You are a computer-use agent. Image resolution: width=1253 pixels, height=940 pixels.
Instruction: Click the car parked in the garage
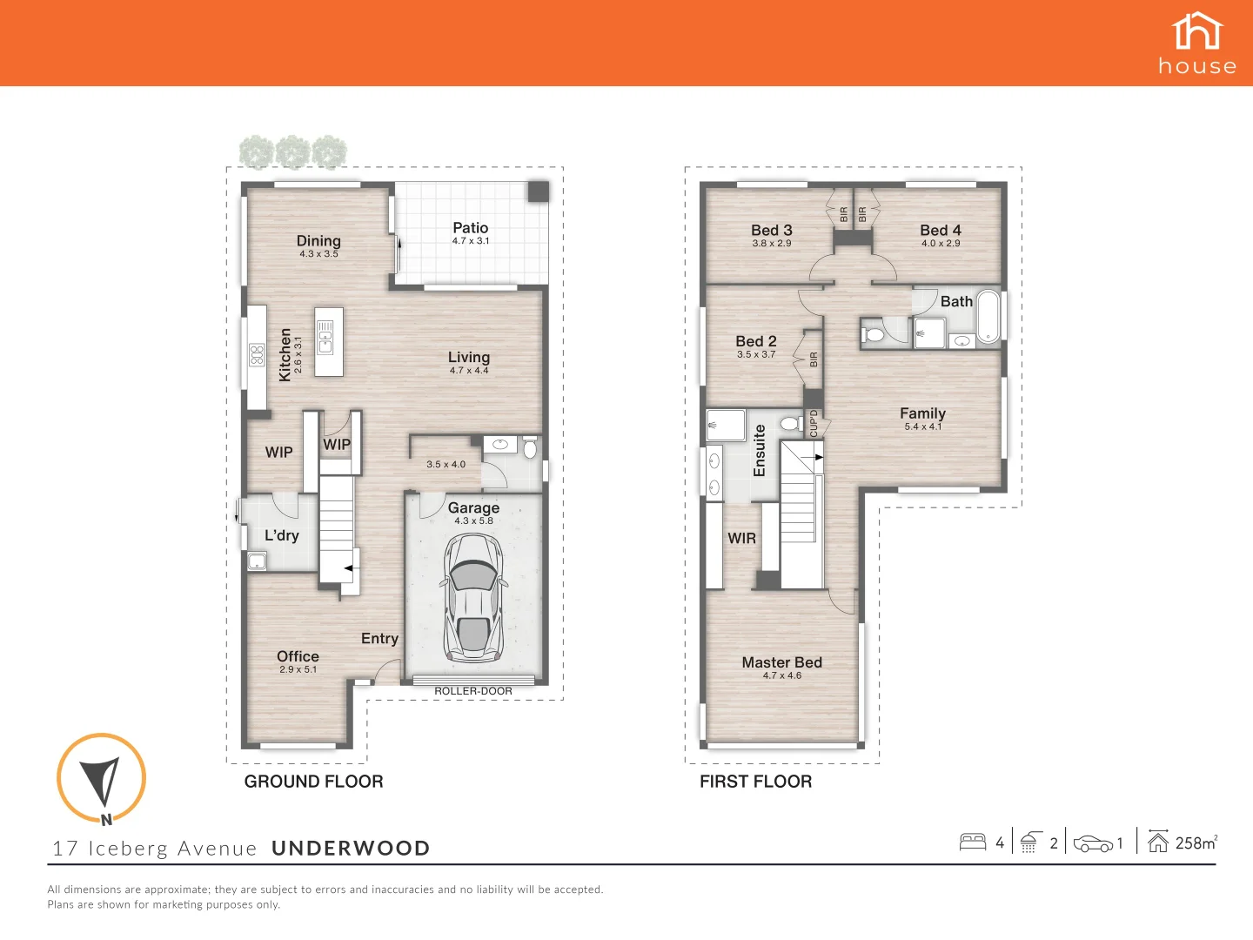(473, 599)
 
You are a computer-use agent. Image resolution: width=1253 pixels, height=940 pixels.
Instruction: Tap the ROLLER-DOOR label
(473, 691)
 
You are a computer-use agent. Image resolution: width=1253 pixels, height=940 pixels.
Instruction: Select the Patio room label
(471, 228)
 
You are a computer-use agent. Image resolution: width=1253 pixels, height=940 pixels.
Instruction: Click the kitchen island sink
(325, 337)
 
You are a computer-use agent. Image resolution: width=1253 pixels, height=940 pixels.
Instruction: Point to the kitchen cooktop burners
(257, 354)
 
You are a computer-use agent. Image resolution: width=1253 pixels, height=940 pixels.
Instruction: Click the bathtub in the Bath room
(988, 317)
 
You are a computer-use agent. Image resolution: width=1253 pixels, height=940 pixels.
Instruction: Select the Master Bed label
(781, 662)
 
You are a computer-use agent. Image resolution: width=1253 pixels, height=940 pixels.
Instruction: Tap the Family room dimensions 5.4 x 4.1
(922, 426)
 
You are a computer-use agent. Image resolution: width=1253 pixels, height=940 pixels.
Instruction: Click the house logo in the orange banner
(1197, 43)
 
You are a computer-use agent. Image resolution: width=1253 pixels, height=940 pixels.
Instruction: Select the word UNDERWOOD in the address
(351, 849)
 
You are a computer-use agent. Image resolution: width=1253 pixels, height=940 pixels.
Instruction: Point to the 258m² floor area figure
(1196, 843)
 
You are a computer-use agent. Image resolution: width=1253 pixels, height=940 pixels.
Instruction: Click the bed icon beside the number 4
(972, 842)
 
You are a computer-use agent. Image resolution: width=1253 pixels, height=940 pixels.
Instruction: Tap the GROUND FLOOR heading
(313, 782)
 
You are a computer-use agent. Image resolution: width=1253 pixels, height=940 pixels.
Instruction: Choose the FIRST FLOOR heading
(755, 782)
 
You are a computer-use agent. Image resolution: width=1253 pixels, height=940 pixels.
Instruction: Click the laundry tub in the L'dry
(257, 561)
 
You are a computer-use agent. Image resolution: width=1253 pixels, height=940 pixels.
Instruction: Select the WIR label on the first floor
(741, 539)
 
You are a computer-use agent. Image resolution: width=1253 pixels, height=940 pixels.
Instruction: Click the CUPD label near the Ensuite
(814, 424)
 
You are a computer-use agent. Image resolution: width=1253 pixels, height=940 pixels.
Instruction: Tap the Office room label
(298, 656)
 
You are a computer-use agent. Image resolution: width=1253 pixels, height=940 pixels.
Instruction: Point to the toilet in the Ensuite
(790, 423)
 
